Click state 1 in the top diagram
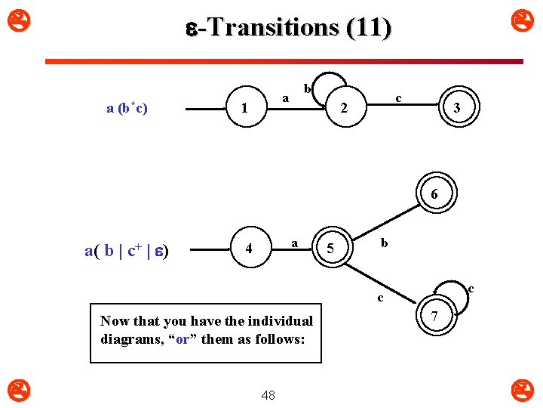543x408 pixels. tap(244, 109)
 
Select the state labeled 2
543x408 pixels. tap(344, 108)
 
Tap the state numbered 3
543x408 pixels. tap(456, 108)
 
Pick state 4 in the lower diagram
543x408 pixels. tap(249, 249)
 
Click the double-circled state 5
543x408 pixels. tap(330, 249)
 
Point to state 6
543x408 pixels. tap(434, 195)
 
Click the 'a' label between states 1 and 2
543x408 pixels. tap(285, 97)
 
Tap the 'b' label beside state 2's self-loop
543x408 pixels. tap(307, 89)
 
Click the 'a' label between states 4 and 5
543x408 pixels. tap(295, 242)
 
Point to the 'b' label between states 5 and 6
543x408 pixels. tap(384, 243)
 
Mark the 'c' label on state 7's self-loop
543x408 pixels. tap(471, 288)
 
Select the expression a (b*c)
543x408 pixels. tap(127, 108)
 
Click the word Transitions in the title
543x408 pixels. tap(272, 27)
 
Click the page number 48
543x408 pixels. tap(268, 394)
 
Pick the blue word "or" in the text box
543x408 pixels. tap(182, 339)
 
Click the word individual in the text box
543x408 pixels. tap(276, 321)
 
